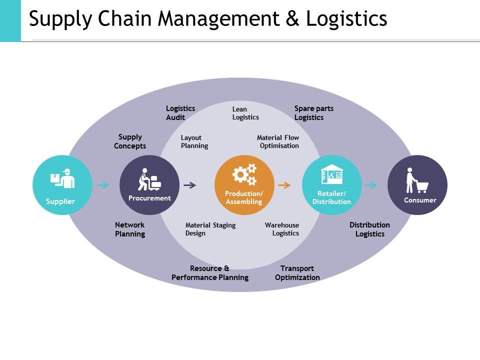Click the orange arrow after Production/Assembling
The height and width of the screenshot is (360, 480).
point(284,185)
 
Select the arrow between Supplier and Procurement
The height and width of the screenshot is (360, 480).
point(103,185)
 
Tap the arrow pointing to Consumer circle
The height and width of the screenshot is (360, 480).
point(370,185)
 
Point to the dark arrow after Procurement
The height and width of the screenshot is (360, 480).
point(190,185)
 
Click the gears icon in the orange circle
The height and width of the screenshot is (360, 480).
point(244,174)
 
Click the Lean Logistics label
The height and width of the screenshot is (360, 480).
point(245,113)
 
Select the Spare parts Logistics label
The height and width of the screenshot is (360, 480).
point(313,113)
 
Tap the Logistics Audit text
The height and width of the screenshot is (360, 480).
point(180,113)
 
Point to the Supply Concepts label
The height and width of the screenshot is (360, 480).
point(130,141)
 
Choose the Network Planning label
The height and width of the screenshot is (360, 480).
point(130,229)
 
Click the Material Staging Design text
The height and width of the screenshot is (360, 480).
point(210,229)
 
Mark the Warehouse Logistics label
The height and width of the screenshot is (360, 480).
point(282,229)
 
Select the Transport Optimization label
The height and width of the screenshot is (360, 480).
point(297,273)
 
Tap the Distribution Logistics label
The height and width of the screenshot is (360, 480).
point(369,229)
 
